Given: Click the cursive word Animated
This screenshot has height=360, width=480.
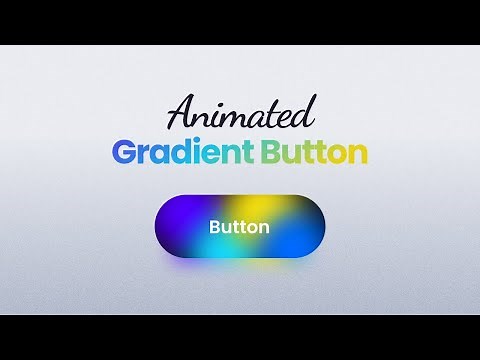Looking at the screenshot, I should click(240, 112).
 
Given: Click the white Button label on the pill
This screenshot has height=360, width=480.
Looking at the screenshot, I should click(239, 227).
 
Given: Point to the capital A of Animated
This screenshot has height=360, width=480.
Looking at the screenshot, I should click(181, 113).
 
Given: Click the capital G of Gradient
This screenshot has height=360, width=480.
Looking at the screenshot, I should click(124, 153).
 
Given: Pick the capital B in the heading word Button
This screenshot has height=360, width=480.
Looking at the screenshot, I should click(273, 153).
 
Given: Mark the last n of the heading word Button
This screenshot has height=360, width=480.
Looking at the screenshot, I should click(359, 155).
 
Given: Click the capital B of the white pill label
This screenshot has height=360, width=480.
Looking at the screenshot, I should click(214, 227).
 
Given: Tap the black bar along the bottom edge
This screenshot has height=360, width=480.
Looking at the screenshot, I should click(240, 337).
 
